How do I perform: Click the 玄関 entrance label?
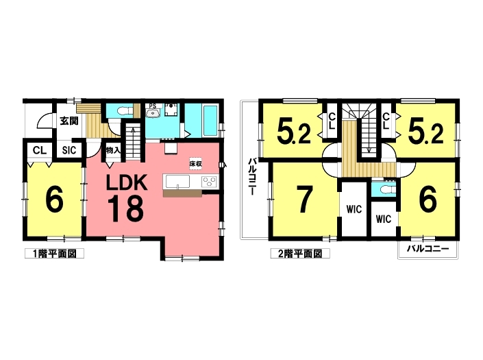coord(69,121)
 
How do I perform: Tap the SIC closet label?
coord(69,150)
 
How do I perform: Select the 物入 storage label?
coord(113,150)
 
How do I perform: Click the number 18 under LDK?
coord(125,209)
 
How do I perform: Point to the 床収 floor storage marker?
coord(195,164)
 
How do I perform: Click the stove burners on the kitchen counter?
coord(210,182)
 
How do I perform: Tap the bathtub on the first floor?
coord(210,121)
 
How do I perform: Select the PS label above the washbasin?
coord(153,106)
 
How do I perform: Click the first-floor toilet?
coord(125,110)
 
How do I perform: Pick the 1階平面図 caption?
coord(54,254)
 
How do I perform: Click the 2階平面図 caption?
coord(299,254)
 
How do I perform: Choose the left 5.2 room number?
coord(294,132)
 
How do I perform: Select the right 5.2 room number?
coord(425,132)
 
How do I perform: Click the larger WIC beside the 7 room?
coord(354,209)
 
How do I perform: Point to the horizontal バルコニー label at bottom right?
coord(428,248)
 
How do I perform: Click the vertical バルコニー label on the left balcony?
coord(251,177)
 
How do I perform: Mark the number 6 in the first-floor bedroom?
coord(54,200)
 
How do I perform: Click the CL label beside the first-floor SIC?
coord(39,150)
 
